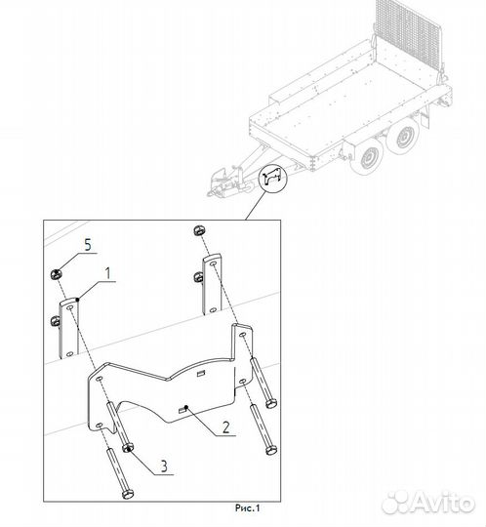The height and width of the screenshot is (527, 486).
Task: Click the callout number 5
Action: (x=88, y=245)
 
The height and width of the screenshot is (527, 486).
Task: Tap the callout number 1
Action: (x=108, y=273)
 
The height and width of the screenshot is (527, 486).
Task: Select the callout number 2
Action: (x=226, y=426)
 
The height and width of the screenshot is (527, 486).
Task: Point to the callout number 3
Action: (x=164, y=466)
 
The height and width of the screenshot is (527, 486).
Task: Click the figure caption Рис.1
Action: (x=247, y=507)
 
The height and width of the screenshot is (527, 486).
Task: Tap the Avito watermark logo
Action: (x=428, y=503)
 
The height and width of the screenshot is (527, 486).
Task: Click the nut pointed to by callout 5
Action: (x=56, y=274)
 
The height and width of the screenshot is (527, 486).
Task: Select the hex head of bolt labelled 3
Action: (x=128, y=448)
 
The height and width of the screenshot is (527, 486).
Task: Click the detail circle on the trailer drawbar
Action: (x=273, y=177)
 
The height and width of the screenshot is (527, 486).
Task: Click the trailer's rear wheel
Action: (x=402, y=136)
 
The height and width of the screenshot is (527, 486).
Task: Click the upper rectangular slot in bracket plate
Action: (x=201, y=373)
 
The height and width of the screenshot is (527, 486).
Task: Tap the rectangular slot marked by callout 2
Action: (x=182, y=410)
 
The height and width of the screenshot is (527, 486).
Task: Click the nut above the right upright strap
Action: (x=199, y=231)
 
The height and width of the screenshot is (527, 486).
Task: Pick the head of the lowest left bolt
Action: (x=128, y=494)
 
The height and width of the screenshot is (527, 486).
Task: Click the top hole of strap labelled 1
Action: (x=70, y=307)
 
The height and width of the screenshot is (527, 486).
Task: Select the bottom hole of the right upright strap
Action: (x=213, y=309)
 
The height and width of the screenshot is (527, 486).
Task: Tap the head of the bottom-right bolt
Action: (x=271, y=450)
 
